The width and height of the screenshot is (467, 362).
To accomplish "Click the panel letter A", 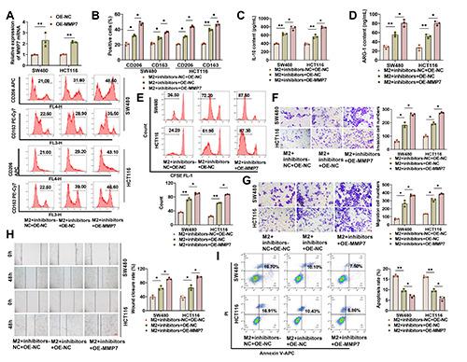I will (6, 7).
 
